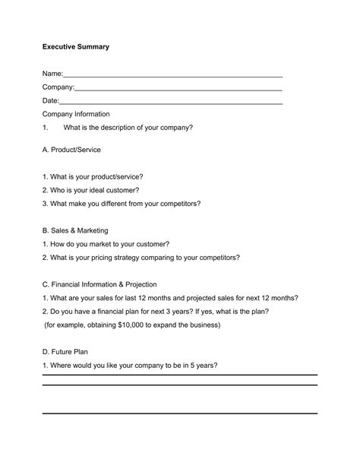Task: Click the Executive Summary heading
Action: pyautogui.click(x=75, y=47)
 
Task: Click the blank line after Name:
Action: pyautogui.click(x=172, y=76)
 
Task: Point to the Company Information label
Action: pyautogui.click(x=76, y=114)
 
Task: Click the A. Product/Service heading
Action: pyautogui.click(x=71, y=150)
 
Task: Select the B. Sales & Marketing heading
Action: pyautogui.click(x=75, y=230)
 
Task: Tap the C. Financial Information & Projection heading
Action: pyautogui.click(x=99, y=284)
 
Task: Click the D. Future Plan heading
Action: pyautogui.click(x=67, y=352)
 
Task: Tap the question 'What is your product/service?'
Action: pyautogui.click(x=93, y=176)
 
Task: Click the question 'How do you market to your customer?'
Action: pyautogui.click(x=106, y=244)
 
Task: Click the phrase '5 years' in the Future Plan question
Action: pyautogui.click(x=203, y=366)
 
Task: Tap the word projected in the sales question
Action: pyautogui.click(x=201, y=298)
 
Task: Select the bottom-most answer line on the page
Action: pyautogui.click(x=179, y=414)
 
